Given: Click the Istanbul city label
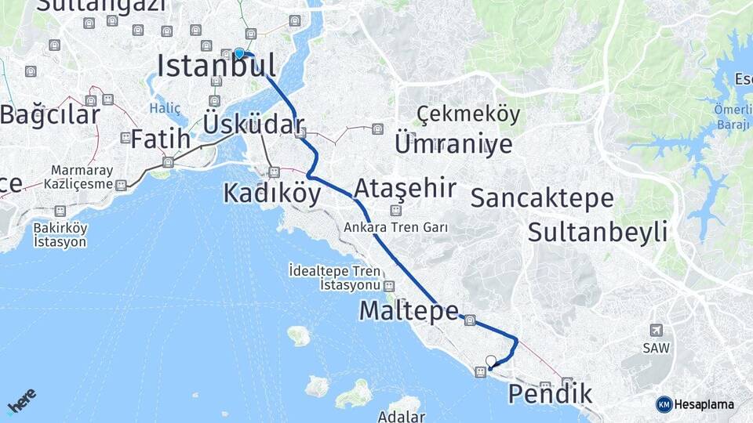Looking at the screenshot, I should (x=216, y=66).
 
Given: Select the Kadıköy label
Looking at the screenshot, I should (x=271, y=193).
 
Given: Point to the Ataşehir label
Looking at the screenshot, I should (x=405, y=189).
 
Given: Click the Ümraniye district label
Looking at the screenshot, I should (x=453, y=144).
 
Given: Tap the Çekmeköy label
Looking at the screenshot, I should (x=468, y=115).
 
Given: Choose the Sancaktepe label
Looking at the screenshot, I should (x=542, y=198).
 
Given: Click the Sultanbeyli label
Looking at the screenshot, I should (x=598, y=232).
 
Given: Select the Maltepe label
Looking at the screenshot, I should (x=408, y=311).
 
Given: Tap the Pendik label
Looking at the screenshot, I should (x=550, y=394).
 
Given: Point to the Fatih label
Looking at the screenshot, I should (x=160, y=139).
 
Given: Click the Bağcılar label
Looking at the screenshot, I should (x=50, y=115).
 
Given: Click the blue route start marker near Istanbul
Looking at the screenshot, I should (x=239, y=53).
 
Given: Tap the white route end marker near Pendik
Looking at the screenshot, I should (x=491, y=361).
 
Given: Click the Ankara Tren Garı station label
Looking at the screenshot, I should (x=395, y=227).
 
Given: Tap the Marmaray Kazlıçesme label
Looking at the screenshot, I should (x=82, y=177).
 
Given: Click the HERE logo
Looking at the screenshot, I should (x=22, y=402).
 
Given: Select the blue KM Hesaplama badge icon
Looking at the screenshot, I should (x=664, y=404).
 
